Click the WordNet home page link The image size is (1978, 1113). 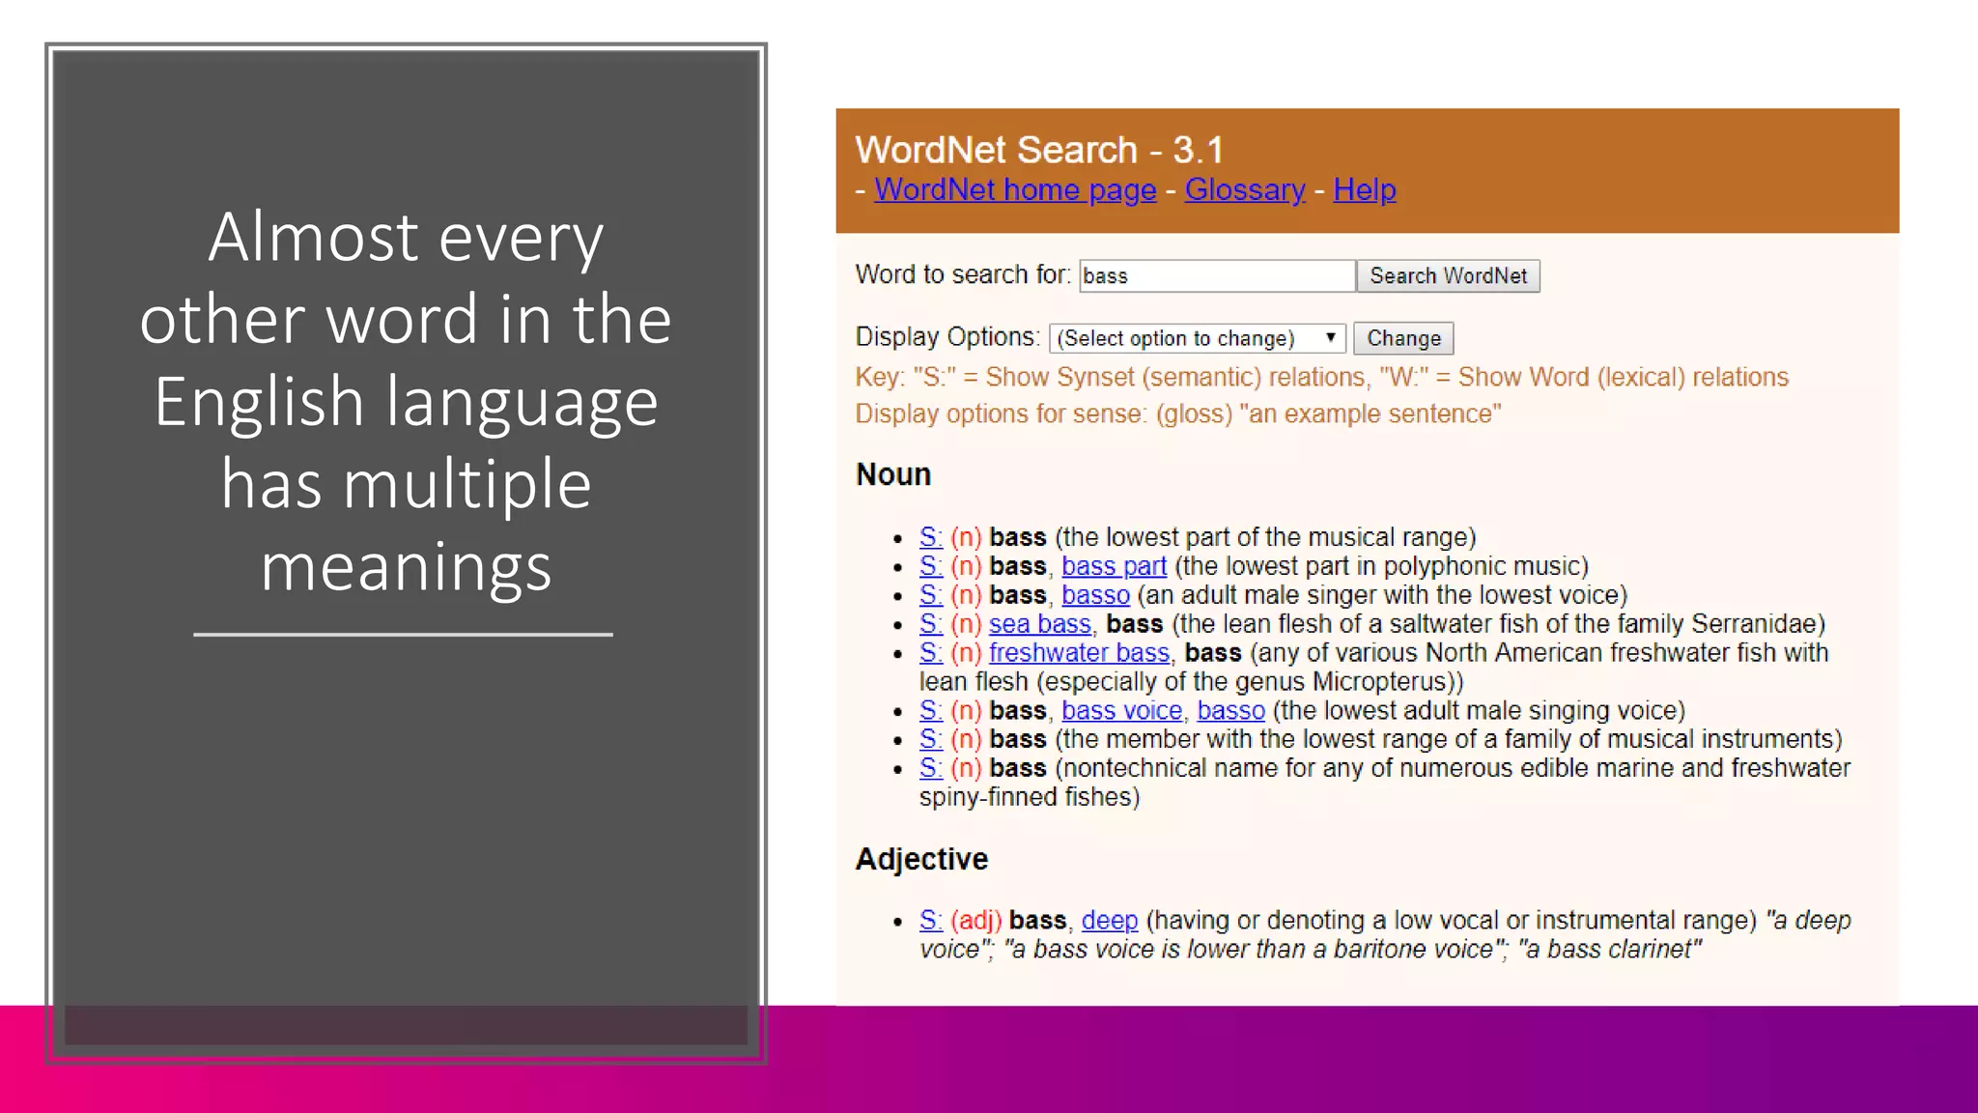click(x=1015, y=189)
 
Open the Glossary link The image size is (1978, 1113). click(x=1244, y=189)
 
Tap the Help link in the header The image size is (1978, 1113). click(x=1364, y=189)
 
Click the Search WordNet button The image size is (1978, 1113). click(x=1448, y=276)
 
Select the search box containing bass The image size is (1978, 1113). click(x=1216, y=276)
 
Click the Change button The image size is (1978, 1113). click(x=1402, y=338)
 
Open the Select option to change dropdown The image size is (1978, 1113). click(x=1197, y=338)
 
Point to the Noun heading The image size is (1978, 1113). click(x=893, y=474)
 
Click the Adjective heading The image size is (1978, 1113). click(x=921, y=859)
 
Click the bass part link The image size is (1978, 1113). click(x=1114, y=566)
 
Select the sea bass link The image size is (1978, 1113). click(x=1039, y=624)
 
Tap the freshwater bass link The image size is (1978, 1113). click(x=1079, y=653)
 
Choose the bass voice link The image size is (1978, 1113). click(x=1121, y=711)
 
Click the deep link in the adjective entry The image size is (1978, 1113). click(x=1109, y=920)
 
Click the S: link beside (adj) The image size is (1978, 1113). click(x=930, y=920)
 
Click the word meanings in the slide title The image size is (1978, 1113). click(x=406, y=567)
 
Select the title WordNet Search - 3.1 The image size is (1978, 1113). click(x=1039, y=150)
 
